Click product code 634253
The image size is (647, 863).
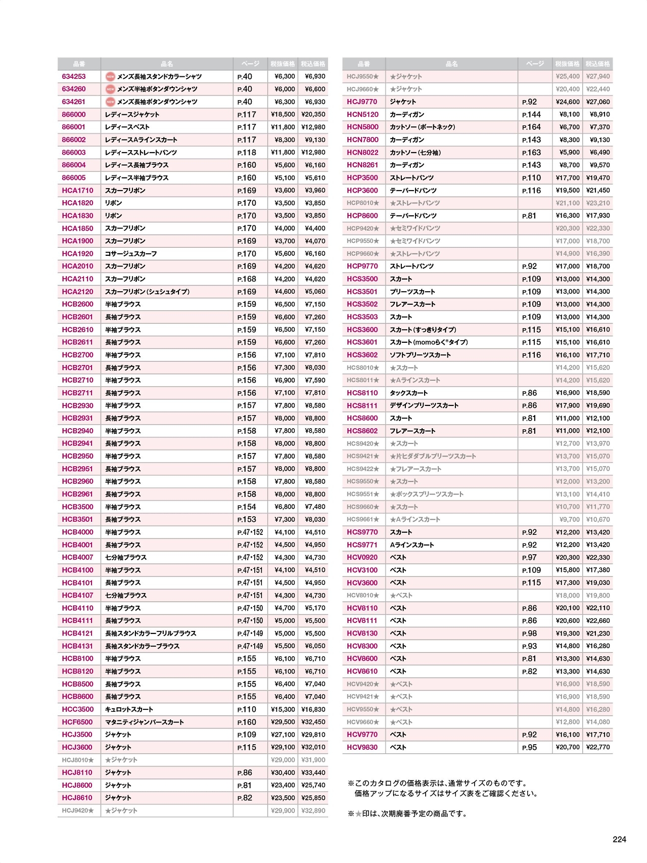click(74, 76)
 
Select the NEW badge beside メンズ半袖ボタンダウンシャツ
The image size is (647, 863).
click(110, 89)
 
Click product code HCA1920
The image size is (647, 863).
click(77, 254)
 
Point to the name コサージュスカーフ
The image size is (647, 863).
click(131, 254)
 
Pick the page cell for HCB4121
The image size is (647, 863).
click(250, 633)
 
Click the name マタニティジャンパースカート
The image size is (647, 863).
click(145, 722)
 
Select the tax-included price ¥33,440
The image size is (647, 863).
click(313, 773)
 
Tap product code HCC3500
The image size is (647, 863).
click(78, 709)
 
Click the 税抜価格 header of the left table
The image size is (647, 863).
click(283, 64)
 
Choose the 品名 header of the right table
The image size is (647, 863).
click(451, 64)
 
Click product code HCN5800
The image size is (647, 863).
click(362, 127)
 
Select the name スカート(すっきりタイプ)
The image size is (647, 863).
click(423, 330)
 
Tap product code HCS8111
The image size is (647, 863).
click(362, 405)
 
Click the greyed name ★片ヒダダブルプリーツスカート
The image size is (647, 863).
click(433, 456)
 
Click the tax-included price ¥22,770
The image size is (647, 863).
click(598, 747)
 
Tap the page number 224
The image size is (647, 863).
click(619, 839)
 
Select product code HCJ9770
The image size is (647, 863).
click(362, 102)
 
